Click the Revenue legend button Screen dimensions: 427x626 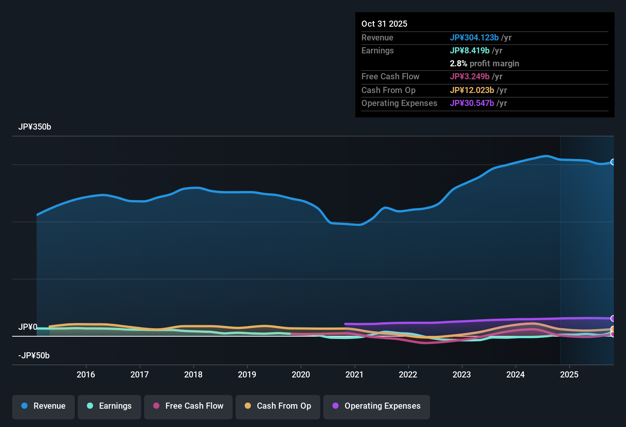click(x=43, y=406)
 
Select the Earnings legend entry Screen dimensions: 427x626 click(x=109, y=406)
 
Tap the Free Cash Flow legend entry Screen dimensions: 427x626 click(x=188, y=406)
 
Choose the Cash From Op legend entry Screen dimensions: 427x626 click(x=278, y=406)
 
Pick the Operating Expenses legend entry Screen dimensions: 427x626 click(x=377, y=406)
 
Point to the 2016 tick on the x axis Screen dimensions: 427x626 click(x=86, y=374)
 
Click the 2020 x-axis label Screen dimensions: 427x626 click(x=301, y=374)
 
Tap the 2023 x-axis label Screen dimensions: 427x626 click(x=462, y=374)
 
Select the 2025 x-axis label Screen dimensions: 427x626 click(x=569, y=374)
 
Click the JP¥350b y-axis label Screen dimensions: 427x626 click(x=35, y=127)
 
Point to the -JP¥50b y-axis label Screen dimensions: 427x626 click(x=34, y=356)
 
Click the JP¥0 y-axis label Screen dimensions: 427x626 click(x=28, y=327)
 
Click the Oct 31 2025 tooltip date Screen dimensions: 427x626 click(x=384, y=24)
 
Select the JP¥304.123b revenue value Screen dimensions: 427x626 click(x=474, y=37)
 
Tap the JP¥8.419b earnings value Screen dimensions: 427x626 click(x=470, y=50)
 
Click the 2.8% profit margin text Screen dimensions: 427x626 click(x=485, y=63)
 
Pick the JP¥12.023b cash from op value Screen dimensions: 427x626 click(x=472, y=90)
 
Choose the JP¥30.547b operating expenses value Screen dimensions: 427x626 click(x=472, y=103)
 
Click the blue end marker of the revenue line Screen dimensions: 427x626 click(x=613, y=162)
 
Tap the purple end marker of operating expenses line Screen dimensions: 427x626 click(x=613, y=318)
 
